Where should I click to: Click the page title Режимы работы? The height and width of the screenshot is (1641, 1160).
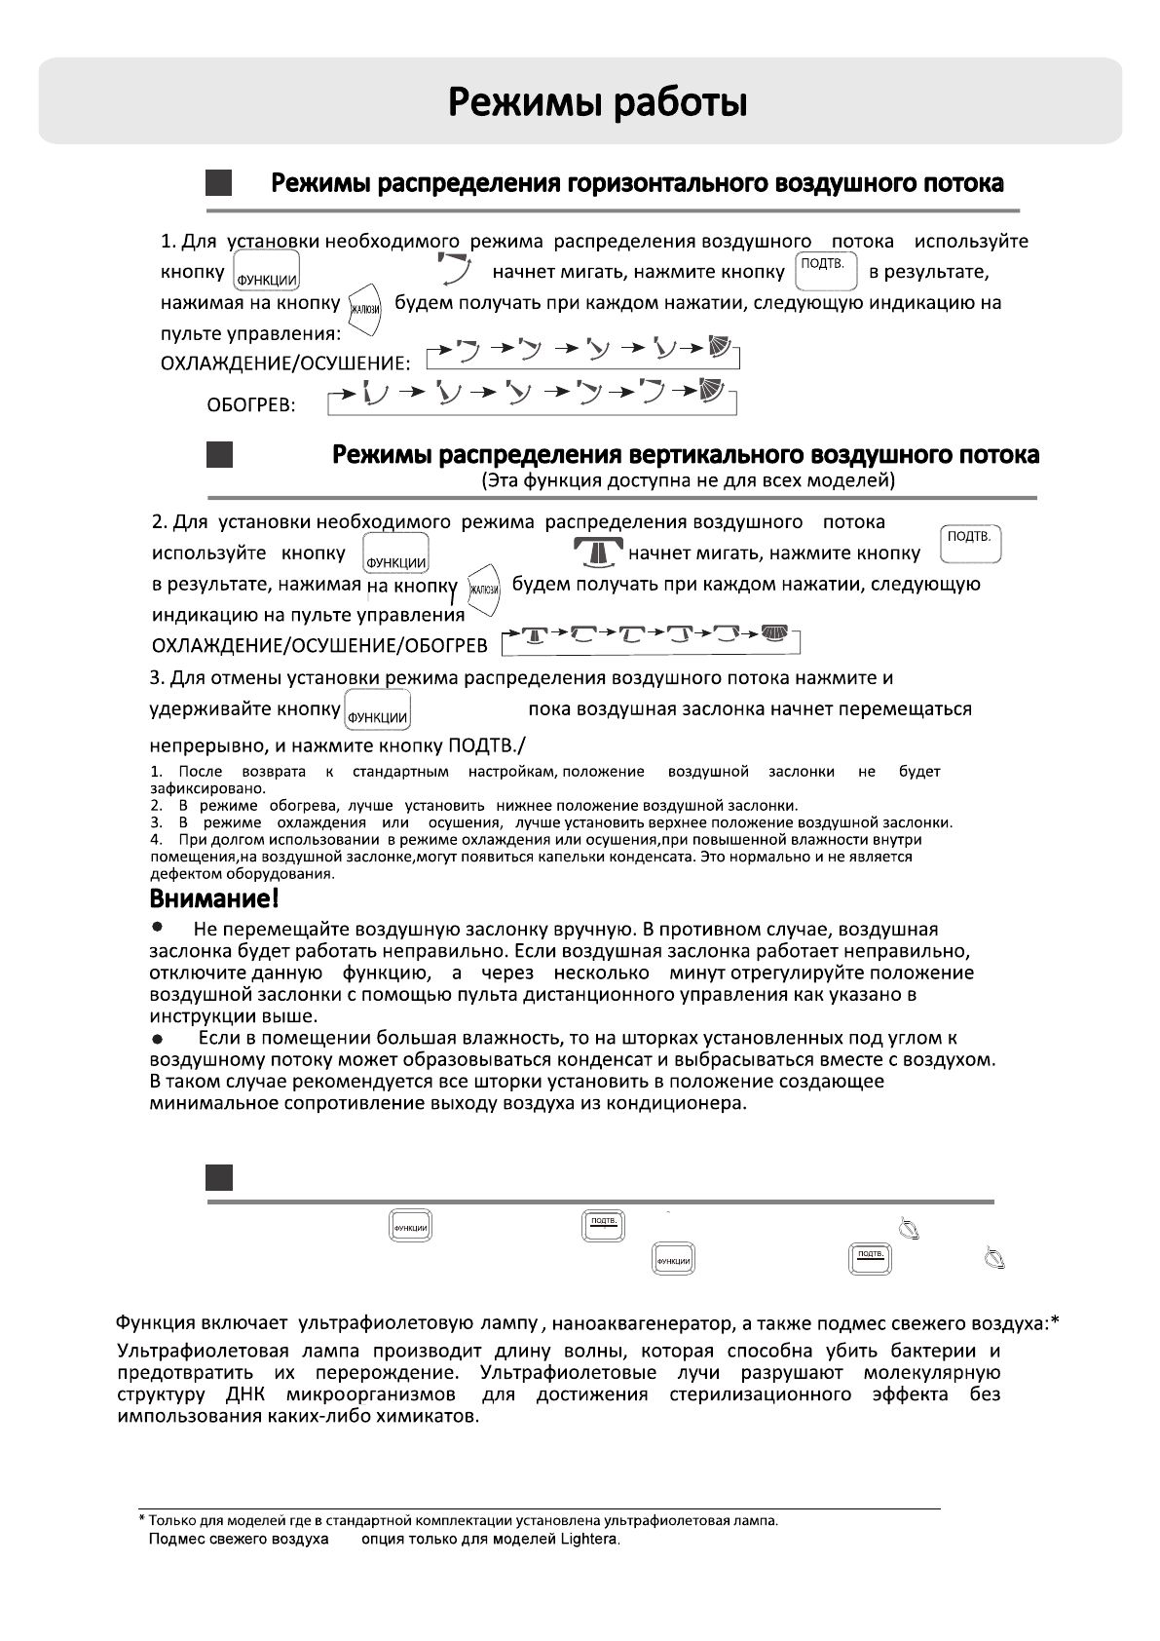click(598, 102)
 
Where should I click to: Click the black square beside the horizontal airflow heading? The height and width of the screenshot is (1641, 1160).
click(219, 184)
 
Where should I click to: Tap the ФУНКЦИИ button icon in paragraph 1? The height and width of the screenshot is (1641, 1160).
click(266, 272)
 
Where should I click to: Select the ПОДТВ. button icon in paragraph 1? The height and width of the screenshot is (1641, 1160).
click(826, 272)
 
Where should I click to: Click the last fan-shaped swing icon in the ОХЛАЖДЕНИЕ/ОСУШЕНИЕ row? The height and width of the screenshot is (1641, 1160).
click(720, 349)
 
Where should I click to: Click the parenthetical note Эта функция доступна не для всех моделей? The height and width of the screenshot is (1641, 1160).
click(688, 480)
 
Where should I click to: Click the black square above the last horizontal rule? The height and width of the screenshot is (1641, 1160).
click(219, 1177)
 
